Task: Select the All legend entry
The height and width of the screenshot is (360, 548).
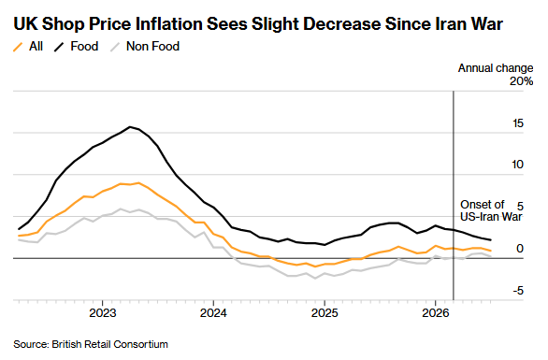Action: point(28,46)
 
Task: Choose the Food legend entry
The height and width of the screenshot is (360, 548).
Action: point(76,46)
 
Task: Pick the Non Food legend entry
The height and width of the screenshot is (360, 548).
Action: point(145,46)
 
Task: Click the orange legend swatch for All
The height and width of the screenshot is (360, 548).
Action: point(18,47)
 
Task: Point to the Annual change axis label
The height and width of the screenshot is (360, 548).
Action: point(496,68)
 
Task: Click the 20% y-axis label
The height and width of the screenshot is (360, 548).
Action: point(522,81)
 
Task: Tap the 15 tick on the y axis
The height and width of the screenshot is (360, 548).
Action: point(518,123)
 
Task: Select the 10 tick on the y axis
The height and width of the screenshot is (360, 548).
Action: point(517,165)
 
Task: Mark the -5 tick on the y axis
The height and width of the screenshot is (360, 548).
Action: point(518,291)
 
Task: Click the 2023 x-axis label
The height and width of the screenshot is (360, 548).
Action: point(103,313)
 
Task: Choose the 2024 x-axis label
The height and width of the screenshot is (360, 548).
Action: point(213,313)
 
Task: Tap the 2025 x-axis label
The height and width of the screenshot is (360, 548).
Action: point(324,313)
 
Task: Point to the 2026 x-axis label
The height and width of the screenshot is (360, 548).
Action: point(435,313)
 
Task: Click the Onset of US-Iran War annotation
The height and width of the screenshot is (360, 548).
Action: point(491,210)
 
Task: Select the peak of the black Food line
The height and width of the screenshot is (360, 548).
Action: point(130,126)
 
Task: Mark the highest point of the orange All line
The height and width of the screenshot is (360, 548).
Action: point(139,182)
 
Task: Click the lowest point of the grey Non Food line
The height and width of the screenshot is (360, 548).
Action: point(315,279)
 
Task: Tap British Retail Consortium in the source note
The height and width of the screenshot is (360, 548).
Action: point(109,344)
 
